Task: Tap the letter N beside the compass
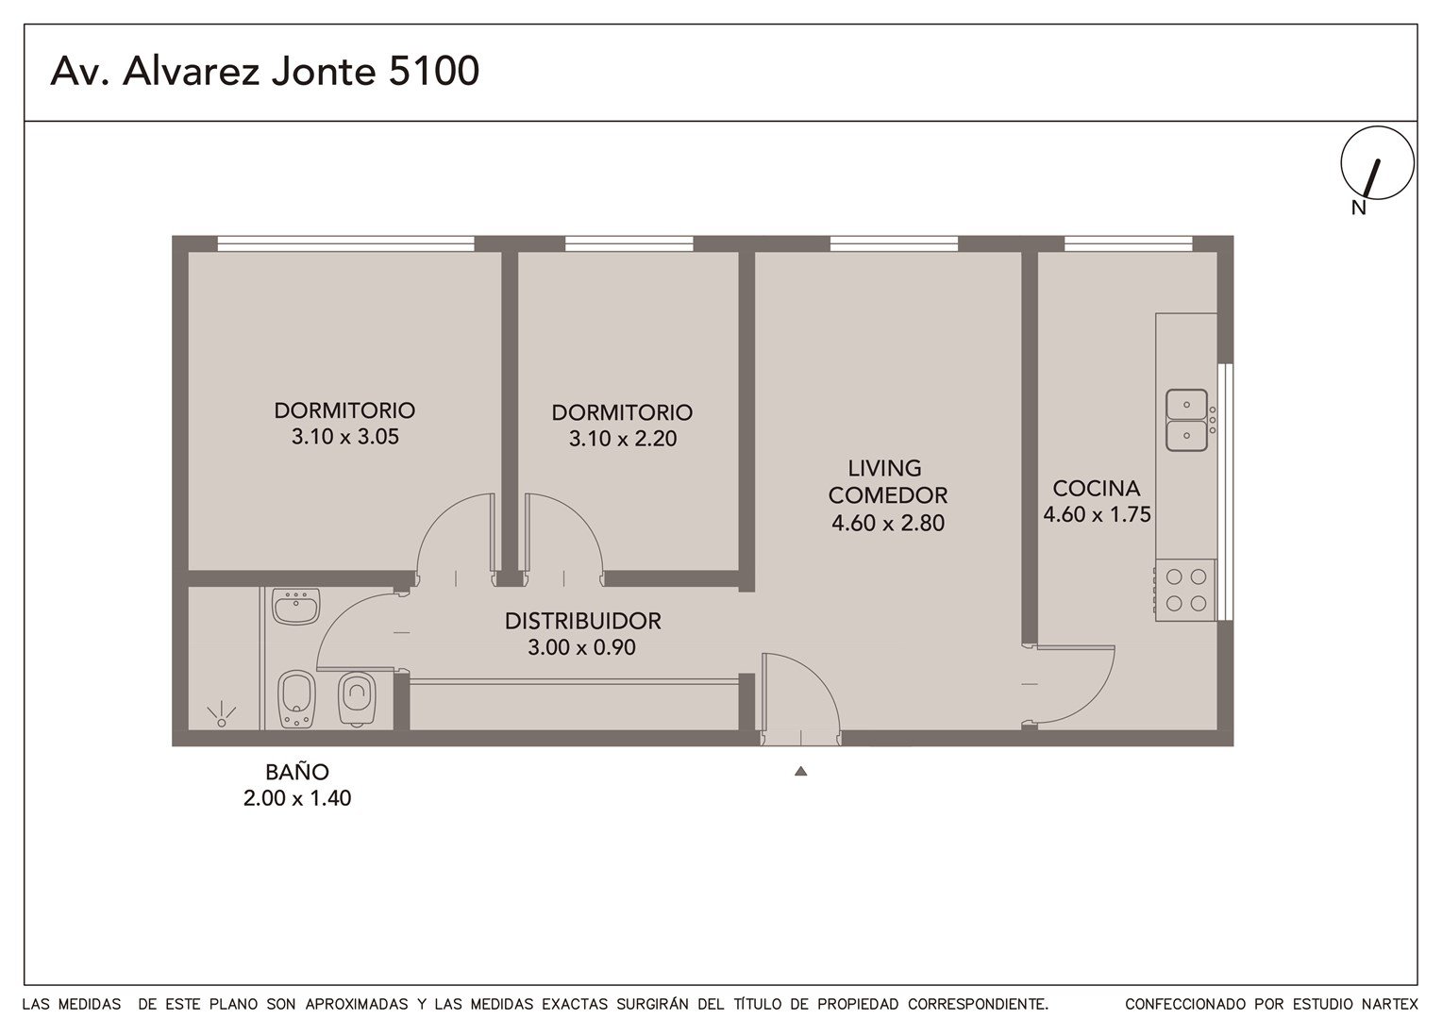point(1358,208)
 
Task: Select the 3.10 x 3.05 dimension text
point(345,437)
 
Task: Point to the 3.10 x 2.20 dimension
point(623,439)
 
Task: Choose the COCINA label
point(1097,489)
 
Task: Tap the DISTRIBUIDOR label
point(582,621)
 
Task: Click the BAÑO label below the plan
point(297,772)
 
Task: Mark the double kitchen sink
point(1186,420)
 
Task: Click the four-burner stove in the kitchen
point(1186,590)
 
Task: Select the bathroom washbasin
point(296,607)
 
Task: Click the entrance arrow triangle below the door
point(800,771)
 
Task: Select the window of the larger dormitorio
point(345,244)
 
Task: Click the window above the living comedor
point(894,244)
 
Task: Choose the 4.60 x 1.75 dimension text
point(1097,514)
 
